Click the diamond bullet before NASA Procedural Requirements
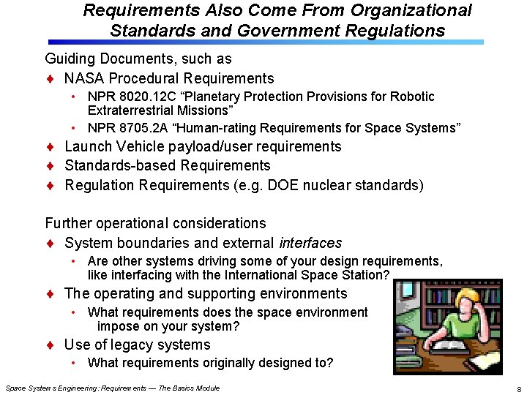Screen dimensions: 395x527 (50, 79)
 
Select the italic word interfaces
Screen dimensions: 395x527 (310, 243)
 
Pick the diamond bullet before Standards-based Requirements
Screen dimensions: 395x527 (50, 166)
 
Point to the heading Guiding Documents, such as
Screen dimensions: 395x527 (138, 59)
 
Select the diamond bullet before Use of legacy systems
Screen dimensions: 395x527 (50, 345)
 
